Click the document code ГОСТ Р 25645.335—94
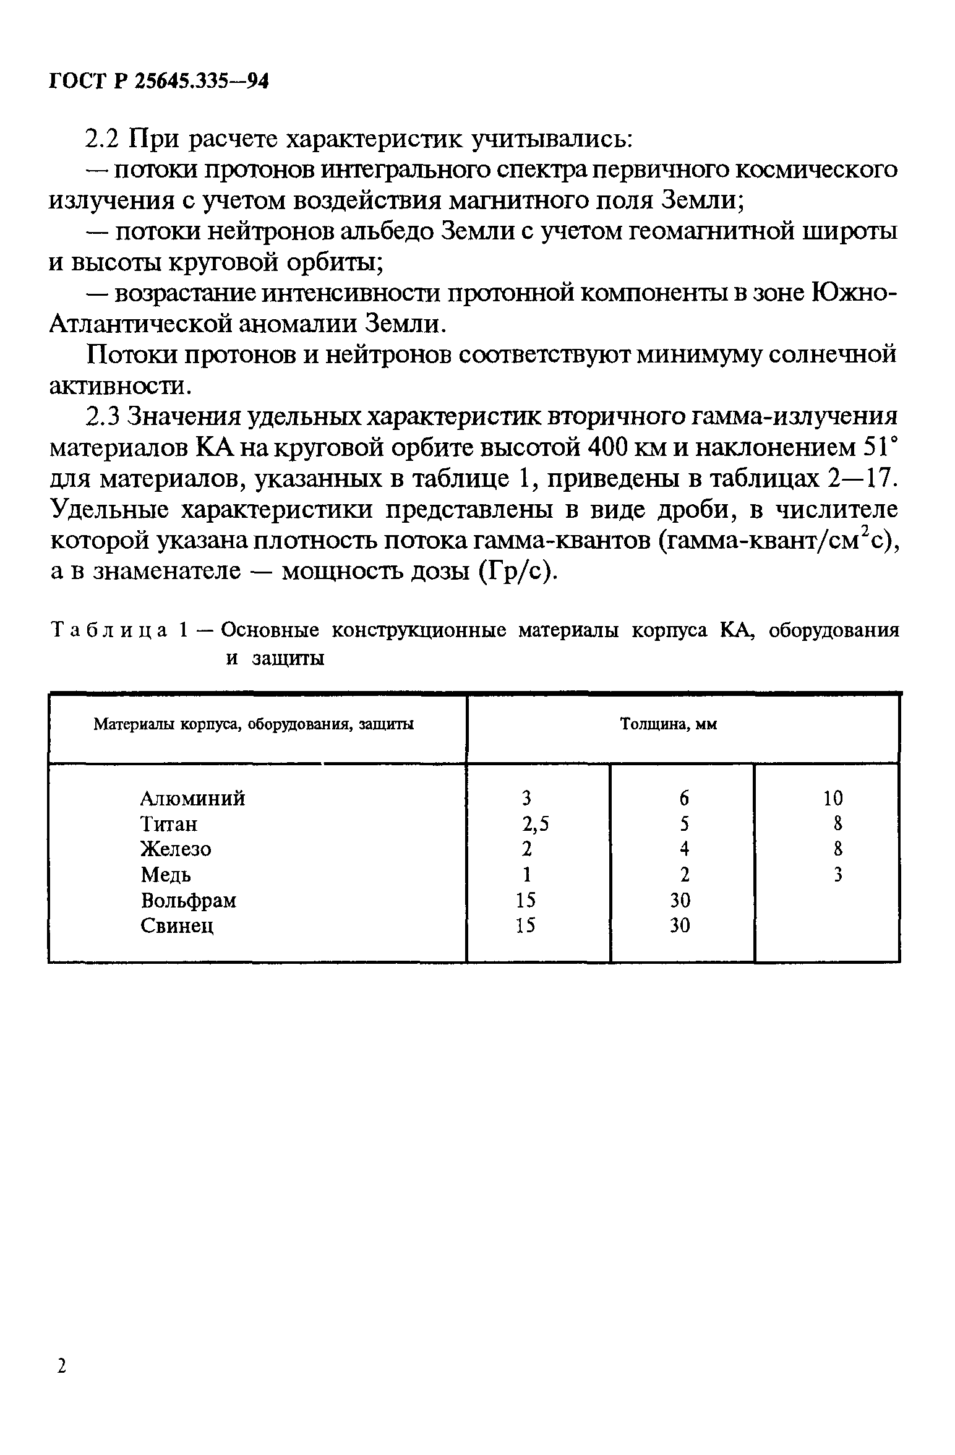pyautogui.click(x=158, y=82)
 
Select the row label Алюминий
pyautogui.click(x=192, y=799)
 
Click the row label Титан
pyautogui.click(x=169, y=824)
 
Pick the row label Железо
pyautogui.click(x=176, y=849)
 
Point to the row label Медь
pyautogui.click(x=166, y=875)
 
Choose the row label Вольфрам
pyautogui.click(x=188, y=900)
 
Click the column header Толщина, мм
pyautogui.click(x=669, y=724)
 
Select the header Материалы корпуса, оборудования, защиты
pyautogui.click(x=254, y=724)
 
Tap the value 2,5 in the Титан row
pyautogui.click(x=534, y=824)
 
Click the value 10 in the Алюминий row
pyautogui.click(x=833, y=799)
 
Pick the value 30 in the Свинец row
pyautogui.click(x=680, y=925)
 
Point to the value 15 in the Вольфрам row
pyautogui.click(x=526, y=900)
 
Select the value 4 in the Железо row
pyautogui.click(x=683, y=849)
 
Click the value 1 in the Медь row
pyautogui.click(x=526, y=875)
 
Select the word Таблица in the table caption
pyautogui.click(x=109, y=630)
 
